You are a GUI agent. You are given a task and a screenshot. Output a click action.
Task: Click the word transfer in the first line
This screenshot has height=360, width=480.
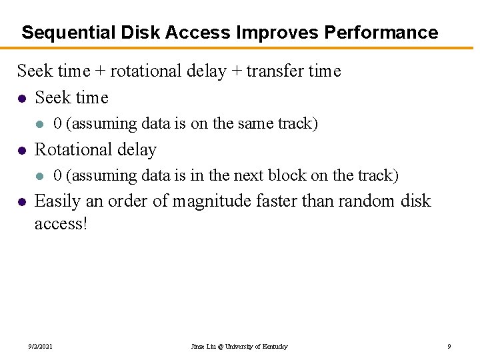coord(271,71)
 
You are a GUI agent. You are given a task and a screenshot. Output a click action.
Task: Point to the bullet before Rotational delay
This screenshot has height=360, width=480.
coord(22,150)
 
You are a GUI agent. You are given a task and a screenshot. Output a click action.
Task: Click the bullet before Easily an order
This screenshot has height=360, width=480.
coord(22,201)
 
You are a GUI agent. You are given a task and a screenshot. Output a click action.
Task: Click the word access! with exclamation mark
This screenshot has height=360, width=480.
coord(61,224)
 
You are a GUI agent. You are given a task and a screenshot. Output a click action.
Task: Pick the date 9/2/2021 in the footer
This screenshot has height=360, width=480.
coord(41,347)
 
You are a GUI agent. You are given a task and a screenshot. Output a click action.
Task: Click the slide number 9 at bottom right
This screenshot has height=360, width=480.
coord(449,347)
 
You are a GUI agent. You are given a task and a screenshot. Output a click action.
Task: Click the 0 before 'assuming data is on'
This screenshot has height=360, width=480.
coord(57,124)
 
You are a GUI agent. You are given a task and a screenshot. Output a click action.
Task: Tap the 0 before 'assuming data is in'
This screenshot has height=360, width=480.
coord(57,176)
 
